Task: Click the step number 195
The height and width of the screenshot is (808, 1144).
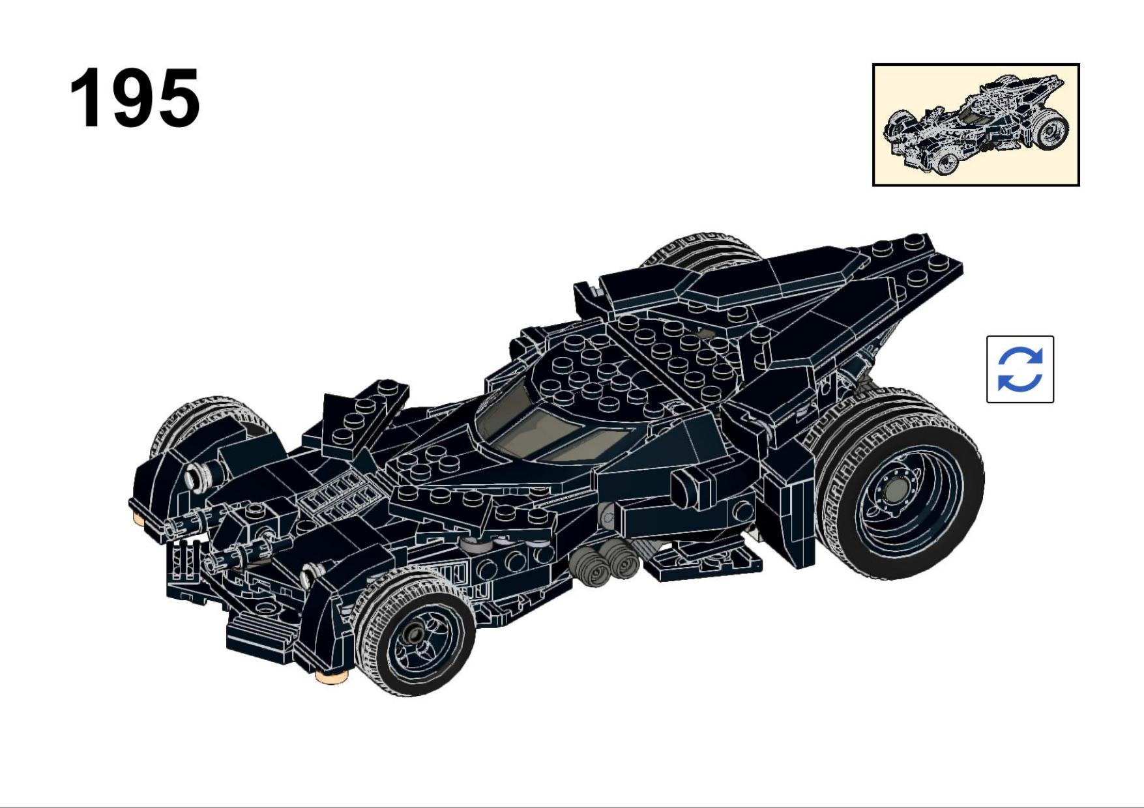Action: [x=135, y=98]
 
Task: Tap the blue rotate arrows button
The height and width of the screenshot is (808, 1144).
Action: [x=1019, y=369]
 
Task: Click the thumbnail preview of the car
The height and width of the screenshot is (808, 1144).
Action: [x=976, y=124]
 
